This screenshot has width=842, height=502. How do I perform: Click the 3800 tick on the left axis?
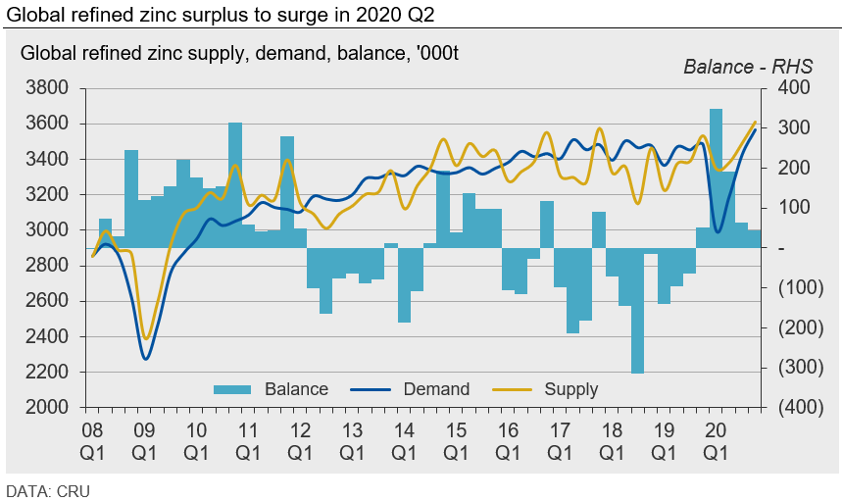(x=48, y=88)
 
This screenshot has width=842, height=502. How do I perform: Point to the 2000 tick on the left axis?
(x=48, y=407)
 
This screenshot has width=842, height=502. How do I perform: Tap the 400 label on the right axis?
(x=792, y=88)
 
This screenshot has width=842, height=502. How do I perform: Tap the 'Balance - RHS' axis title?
(x=741, y=67)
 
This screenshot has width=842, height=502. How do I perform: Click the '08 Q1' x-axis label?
(x=92, y=441)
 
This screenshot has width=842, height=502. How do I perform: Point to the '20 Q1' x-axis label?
(x=716, y=441)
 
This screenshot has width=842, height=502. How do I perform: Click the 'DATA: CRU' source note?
(x=48, y=490)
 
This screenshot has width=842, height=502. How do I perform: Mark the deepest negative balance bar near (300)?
(x=638, y=310)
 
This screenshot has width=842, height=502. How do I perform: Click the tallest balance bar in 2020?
(x=716, y=176)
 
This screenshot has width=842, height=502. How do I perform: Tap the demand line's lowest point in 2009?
(x=145, y=359)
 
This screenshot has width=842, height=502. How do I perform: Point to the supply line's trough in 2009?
(x=145, y=338)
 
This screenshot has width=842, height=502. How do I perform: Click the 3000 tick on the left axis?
(x=48, y=230)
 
